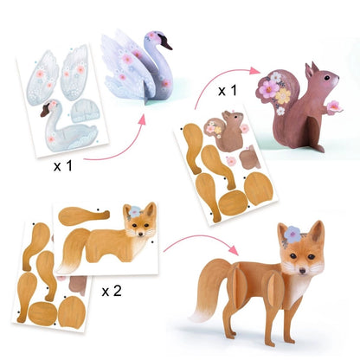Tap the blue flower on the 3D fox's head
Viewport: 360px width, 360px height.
tap(290, 231)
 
